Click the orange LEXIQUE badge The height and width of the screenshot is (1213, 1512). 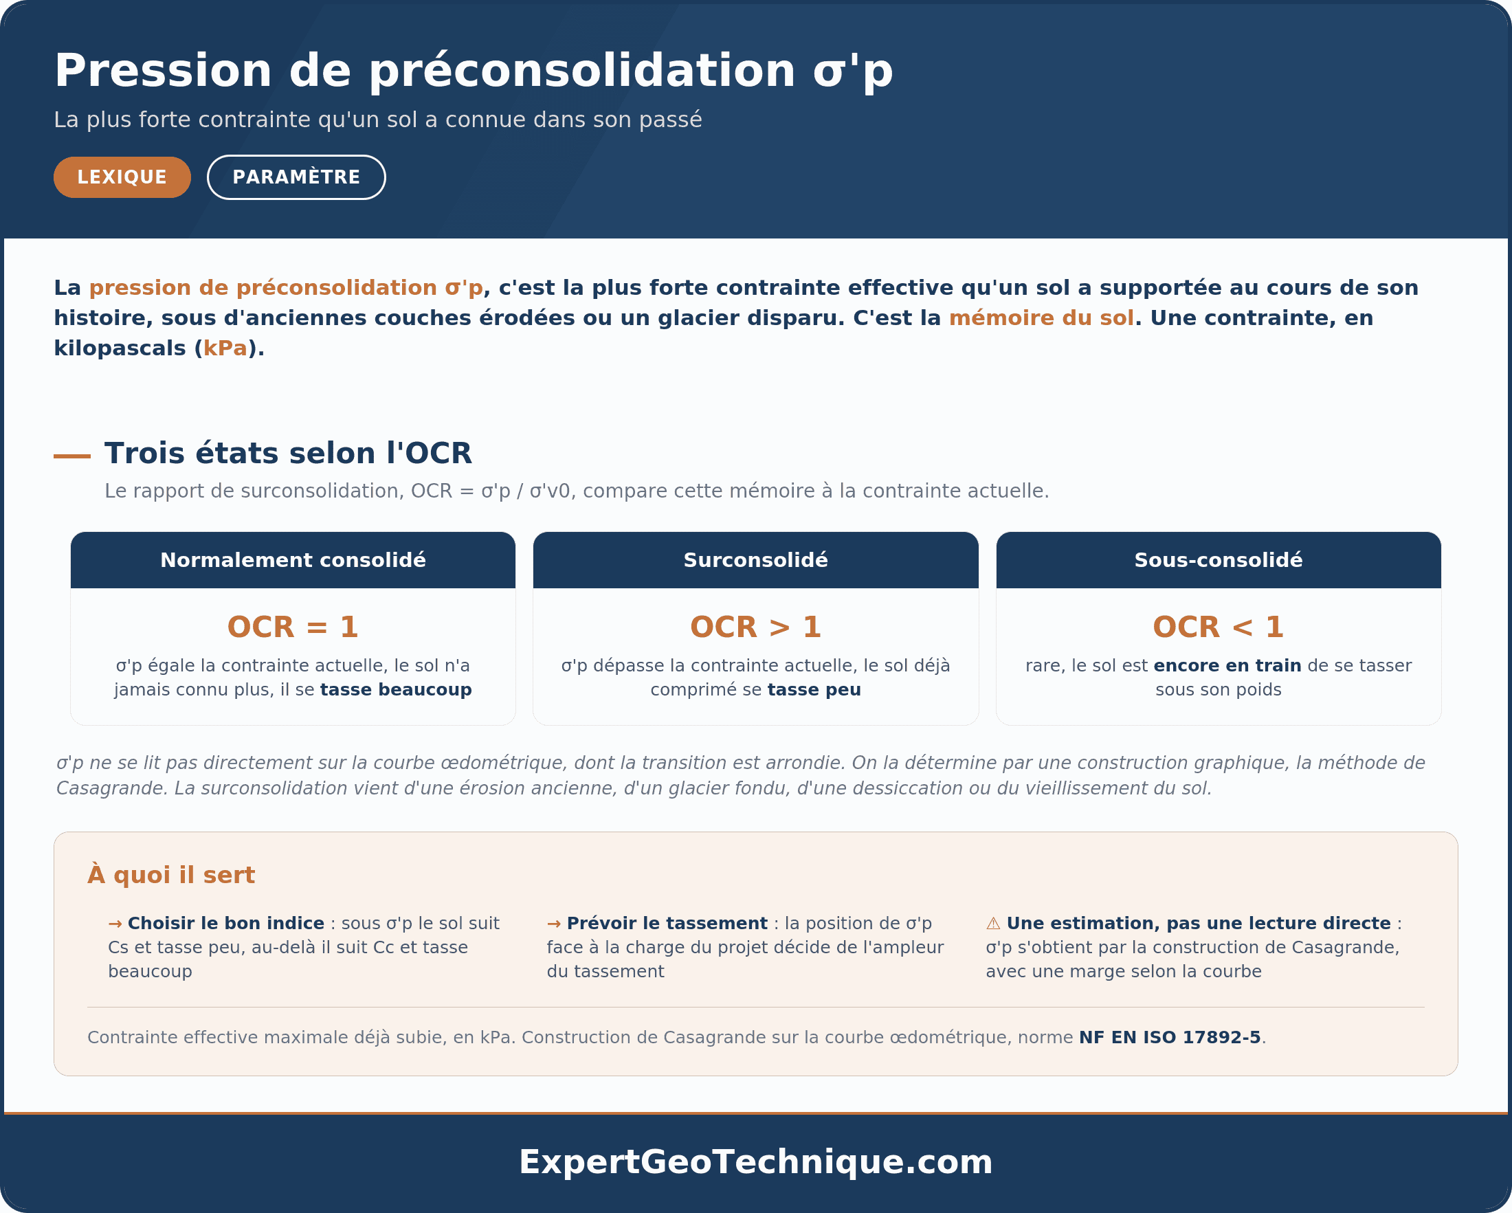click(122, 177)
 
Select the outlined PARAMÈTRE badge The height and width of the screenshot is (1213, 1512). click(296, 177)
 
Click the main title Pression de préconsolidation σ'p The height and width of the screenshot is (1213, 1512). click(474, 71)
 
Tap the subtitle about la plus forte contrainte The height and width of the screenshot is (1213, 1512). click(378, 120)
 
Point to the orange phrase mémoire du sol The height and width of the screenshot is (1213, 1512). click(1041, 318)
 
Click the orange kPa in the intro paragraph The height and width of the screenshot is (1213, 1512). click(225, 348)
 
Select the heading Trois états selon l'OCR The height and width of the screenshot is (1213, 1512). click(288, 454)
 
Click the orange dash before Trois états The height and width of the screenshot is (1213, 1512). click(72, 456)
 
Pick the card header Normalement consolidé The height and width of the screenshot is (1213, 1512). click(293, 560)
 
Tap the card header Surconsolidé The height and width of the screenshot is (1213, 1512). click(756, 560)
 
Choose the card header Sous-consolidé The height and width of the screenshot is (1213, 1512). click(1219, 560)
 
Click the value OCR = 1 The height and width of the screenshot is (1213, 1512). click(293, 627)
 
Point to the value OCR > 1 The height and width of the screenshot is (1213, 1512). click(756, 627)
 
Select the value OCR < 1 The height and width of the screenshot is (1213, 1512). click(1219, 627)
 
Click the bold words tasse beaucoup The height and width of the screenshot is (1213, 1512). click(397, 690)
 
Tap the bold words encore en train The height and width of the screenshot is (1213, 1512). click(1227, 666)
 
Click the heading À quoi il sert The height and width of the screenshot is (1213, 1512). click(171, 875)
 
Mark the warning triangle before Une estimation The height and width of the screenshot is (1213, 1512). click(993, 924)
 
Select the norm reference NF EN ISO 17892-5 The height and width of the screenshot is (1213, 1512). click(1170, 1038)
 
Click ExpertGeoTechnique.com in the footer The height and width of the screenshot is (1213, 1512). click(756, 1162)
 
